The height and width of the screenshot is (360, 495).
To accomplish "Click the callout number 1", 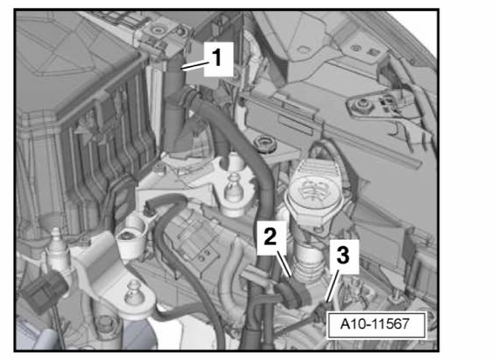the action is click(217, 58).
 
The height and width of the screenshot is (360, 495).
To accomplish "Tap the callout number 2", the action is click(271, 237).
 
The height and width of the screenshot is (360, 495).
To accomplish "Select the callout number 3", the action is click(343, 255).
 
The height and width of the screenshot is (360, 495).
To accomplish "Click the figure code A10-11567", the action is click(375, 324).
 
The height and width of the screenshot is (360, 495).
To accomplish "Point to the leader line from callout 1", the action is click(195, 65).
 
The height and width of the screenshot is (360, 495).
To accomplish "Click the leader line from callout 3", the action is click(333, 286).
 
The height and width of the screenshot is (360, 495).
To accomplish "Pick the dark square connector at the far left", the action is click(43, 289).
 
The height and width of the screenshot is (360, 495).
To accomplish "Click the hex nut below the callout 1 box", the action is click(264, 143).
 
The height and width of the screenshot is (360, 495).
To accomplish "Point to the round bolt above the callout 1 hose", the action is click(157, 30).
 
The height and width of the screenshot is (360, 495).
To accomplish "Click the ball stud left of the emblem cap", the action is click(234, 189).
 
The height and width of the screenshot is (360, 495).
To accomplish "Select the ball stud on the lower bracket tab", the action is click(133, 292).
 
